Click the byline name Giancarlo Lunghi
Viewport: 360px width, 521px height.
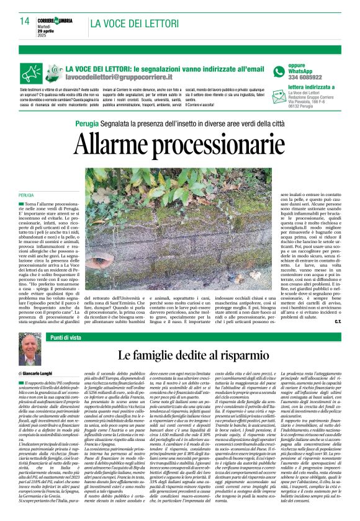(x=47, y=374)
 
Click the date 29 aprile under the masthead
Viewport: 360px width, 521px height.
(x=53, y=30)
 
